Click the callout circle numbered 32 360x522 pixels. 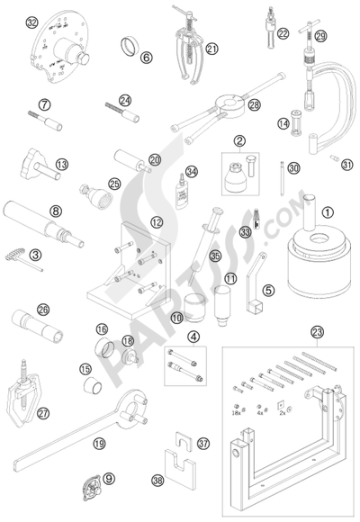[33, 22]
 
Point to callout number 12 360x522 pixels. [131, 221]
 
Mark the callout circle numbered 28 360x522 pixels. [254, 105]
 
